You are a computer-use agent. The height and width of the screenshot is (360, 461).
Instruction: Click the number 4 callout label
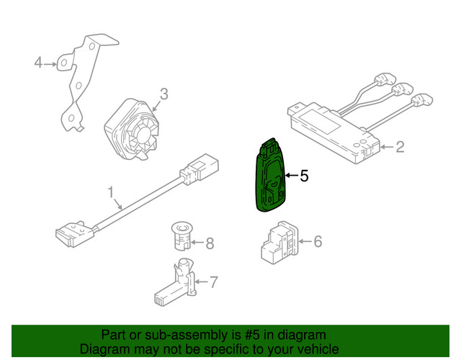pos(38,63)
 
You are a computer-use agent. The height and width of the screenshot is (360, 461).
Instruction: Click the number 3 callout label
pos(164,94)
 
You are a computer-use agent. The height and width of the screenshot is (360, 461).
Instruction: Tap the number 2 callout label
pos(400,147)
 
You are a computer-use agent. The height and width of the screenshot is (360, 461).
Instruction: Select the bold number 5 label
pos(304,176)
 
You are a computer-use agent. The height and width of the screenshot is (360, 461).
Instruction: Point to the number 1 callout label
pos(110,192)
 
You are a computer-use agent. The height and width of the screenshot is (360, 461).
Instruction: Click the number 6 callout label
pos(318,242)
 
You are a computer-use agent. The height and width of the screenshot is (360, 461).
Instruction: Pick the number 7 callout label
pos(214,282)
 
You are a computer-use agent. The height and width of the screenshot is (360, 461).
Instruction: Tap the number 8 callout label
pos(210,243)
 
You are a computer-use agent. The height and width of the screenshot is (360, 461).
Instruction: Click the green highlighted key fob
pos(270,175)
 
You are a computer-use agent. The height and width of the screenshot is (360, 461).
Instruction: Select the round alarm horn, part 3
pos(132,129)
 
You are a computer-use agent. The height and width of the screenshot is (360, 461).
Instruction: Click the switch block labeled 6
pos(279,243)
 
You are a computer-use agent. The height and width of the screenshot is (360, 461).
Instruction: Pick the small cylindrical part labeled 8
pos(182,236)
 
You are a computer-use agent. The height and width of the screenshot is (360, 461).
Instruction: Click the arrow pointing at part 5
pos(291,176)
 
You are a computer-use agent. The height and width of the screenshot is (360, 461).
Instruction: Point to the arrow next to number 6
pos(305,242)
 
